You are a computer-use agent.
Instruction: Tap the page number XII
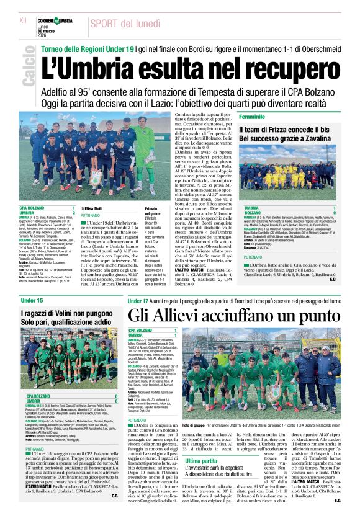pos(24,21)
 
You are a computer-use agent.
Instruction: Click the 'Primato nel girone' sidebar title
pos(163,212)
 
